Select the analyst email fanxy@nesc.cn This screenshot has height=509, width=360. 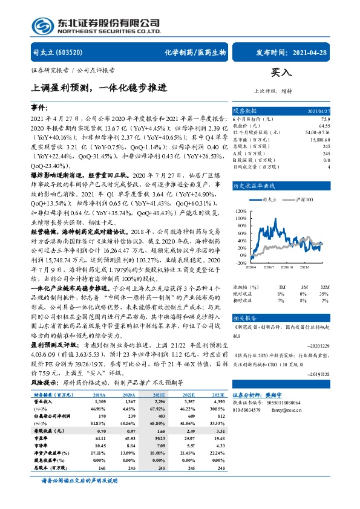[x=296, y=461]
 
